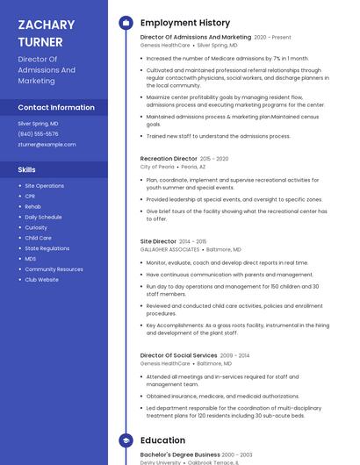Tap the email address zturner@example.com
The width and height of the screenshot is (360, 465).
tap(47, 144)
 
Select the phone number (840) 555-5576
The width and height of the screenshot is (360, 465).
tap(38, 134)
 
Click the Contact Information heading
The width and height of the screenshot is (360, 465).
tap(56, 107)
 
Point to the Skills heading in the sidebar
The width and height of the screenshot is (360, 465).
tap(27, 169)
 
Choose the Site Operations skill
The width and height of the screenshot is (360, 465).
tap(44, 186)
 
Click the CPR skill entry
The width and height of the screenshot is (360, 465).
tap(30, 197)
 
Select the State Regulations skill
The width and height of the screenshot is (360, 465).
tap(47, 248)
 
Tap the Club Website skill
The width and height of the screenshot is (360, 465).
tap(41, 280)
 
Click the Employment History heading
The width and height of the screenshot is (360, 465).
tap(184, 23)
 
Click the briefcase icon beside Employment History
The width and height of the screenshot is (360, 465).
tap(126, 23)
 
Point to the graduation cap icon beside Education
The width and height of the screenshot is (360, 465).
tap(126, 440)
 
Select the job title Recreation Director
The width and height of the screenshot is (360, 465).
tap(169, 159)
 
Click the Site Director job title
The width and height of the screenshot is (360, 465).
tap(158, 241)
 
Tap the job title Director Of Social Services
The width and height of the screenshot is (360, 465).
tap(178, 355)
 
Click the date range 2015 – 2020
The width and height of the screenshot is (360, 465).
tap(214, 159)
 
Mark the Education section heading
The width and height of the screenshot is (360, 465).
tap(162, 440)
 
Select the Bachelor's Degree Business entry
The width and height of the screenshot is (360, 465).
tap(180, 454)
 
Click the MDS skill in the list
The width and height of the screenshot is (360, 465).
tap(30, 259)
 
